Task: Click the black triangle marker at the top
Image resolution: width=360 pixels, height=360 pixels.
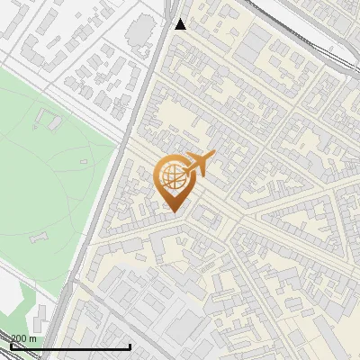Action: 181,23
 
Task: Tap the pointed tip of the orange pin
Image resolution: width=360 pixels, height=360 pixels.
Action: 173,211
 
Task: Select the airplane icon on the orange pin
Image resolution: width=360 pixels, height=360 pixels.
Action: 200,164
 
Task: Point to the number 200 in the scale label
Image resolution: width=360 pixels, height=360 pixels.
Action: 19,338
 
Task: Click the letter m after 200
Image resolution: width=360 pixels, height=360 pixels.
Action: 32,338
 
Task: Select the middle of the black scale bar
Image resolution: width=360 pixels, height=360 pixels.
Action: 70,346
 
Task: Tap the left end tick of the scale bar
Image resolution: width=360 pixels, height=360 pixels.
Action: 11,346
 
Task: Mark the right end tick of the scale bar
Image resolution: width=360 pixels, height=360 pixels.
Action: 130,346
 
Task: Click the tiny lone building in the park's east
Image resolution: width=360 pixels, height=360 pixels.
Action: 84,162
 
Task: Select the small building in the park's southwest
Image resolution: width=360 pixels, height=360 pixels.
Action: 39,238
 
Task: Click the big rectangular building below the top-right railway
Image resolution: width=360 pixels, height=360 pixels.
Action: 256,41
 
